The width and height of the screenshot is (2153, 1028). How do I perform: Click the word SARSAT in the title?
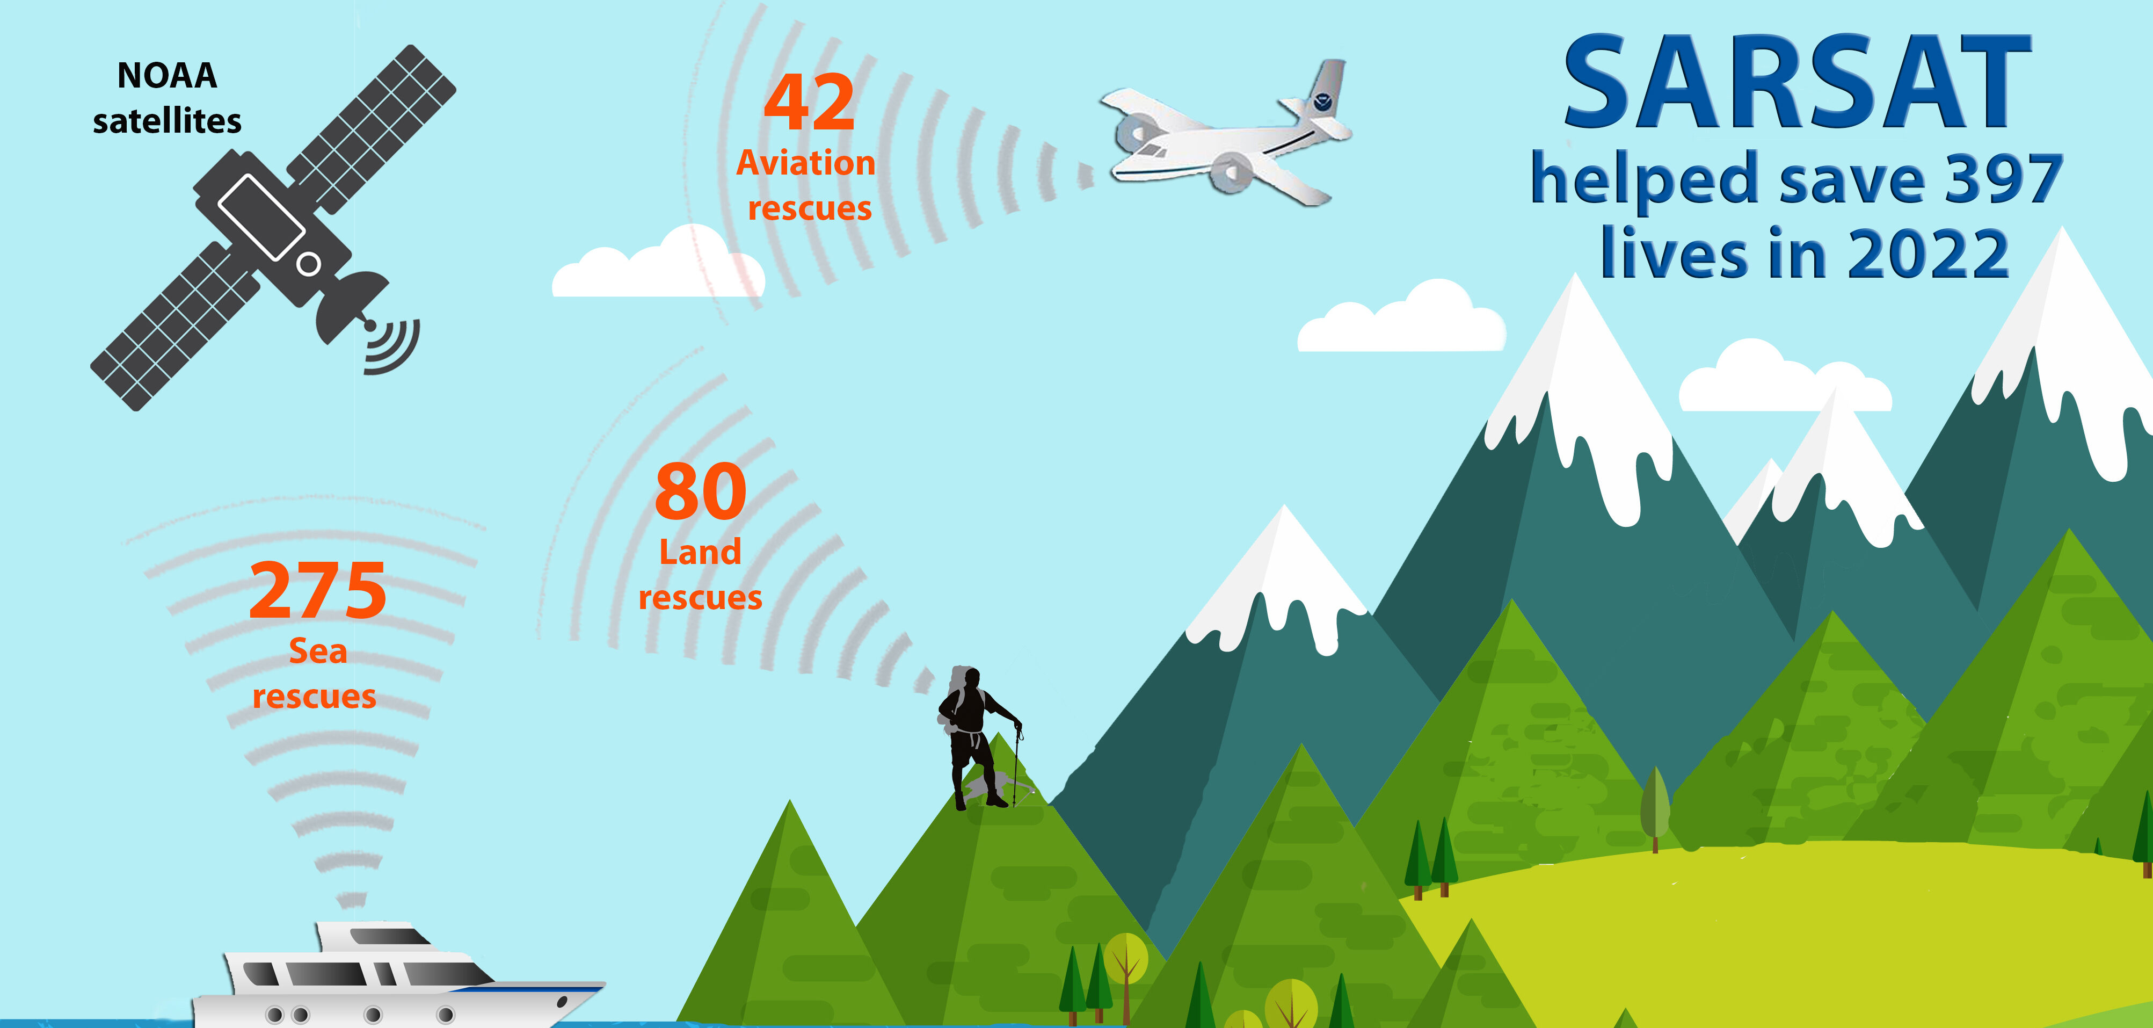pos(1797,84)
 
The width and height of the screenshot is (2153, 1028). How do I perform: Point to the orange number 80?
pos(700,493)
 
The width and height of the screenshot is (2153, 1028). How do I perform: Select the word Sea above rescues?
pos(318,651)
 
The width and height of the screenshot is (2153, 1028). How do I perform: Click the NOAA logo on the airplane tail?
pos(1322,102)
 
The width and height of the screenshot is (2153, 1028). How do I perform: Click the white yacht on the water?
pos(393,978)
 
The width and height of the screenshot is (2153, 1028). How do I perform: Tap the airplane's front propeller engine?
pos(1228,171)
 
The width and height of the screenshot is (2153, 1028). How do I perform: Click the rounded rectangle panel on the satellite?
pos(261,215)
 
